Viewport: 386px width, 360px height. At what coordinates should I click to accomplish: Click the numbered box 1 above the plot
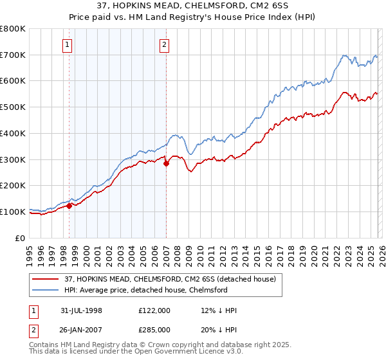[x=68, y=44]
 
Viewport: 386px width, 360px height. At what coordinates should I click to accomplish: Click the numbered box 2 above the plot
[x=165, y=44]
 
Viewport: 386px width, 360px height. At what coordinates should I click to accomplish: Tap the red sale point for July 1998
[x=69, y=206]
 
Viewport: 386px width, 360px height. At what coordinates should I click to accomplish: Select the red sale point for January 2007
[x=166, y=163]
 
